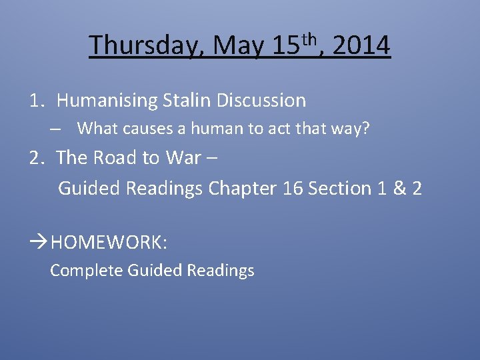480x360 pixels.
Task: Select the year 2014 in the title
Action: [361, 45]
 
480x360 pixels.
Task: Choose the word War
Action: [183, 157]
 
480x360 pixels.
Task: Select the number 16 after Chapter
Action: [293, 189]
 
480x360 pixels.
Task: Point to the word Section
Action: [339, 189]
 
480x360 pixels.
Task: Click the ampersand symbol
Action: [399, 189]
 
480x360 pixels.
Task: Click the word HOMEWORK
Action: [109, 242]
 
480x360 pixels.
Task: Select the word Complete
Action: [86, 270]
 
